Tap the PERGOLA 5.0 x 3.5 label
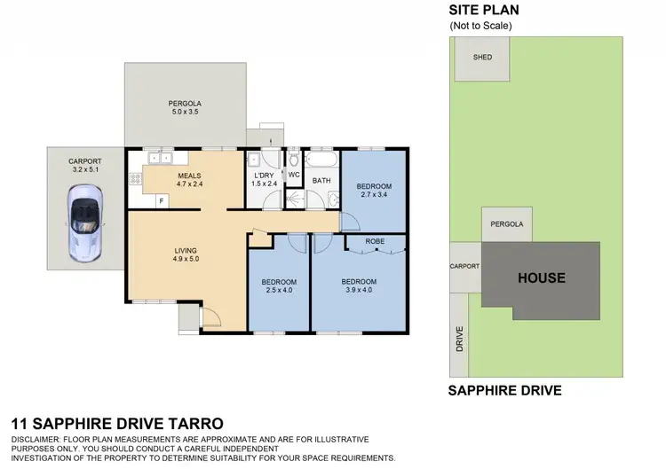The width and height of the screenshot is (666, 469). (x=185, y=106)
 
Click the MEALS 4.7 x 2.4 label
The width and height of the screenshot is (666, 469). (x=190, y=180)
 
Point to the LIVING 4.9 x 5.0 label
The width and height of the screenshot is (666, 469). (x=186, y=255)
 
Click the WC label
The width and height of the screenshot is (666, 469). (x=294, y=175)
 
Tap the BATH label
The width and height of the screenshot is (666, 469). (x=321, y=181)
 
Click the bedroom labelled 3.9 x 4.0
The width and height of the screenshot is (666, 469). (x=359, y=285)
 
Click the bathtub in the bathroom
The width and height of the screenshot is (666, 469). (x=321, y=161)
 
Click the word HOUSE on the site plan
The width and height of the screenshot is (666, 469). (x=542, y=277)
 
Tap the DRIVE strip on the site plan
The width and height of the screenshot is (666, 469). (x=460, y=333)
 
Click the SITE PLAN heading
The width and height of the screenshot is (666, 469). (x=483, y=10)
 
